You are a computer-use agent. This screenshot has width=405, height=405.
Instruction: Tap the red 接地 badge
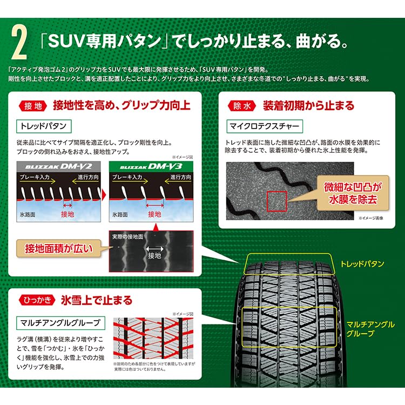point(33,105)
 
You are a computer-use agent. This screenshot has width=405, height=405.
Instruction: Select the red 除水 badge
point(242,105)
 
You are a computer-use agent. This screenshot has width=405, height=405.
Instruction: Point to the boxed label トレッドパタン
point(43,126)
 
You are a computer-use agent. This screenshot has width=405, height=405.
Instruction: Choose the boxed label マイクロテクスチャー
point(263,126)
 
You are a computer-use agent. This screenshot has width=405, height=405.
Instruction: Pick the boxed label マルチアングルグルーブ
point(60,323)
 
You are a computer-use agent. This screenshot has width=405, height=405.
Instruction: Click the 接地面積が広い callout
point(58,248)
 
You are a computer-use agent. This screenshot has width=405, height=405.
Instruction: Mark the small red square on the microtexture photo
point(277,200)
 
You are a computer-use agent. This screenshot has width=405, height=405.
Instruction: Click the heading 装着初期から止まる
point(308,105)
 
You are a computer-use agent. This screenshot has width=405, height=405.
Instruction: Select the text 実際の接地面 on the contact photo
point(127,237)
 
